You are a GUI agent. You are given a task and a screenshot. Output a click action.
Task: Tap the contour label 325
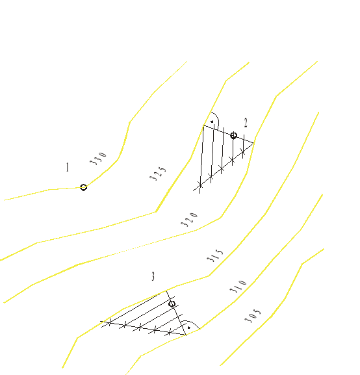pos(157,174)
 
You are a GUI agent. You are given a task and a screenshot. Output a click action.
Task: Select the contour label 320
pos(188,219)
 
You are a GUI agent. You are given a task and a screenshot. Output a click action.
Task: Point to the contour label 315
pos(215,255)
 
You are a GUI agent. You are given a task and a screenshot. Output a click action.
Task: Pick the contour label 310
pos(238,285)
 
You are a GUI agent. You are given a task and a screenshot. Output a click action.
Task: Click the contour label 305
pos(253,315)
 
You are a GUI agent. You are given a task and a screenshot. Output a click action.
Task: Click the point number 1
pos(67,168)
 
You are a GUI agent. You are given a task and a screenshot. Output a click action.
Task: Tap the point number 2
pos(246,122)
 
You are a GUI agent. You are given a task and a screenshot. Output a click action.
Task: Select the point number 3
pos(153,277)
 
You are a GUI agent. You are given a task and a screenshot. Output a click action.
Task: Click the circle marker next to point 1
pos(83,187)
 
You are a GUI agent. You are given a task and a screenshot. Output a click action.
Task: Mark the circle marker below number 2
pos(233,135)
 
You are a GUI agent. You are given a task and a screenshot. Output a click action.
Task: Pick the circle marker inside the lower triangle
pos(172,304)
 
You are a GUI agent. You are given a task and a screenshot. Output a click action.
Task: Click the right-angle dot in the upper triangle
pos(212,122)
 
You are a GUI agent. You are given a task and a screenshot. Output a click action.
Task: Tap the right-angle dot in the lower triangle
pos(187,328)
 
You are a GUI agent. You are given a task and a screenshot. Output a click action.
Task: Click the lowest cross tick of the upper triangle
pos(200,186)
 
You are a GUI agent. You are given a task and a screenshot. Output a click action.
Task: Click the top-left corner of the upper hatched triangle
pos(203,125)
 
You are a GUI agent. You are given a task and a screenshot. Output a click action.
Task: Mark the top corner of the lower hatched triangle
pos(167,291)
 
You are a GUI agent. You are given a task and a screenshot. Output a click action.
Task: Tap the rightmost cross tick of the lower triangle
pos(170,332)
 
